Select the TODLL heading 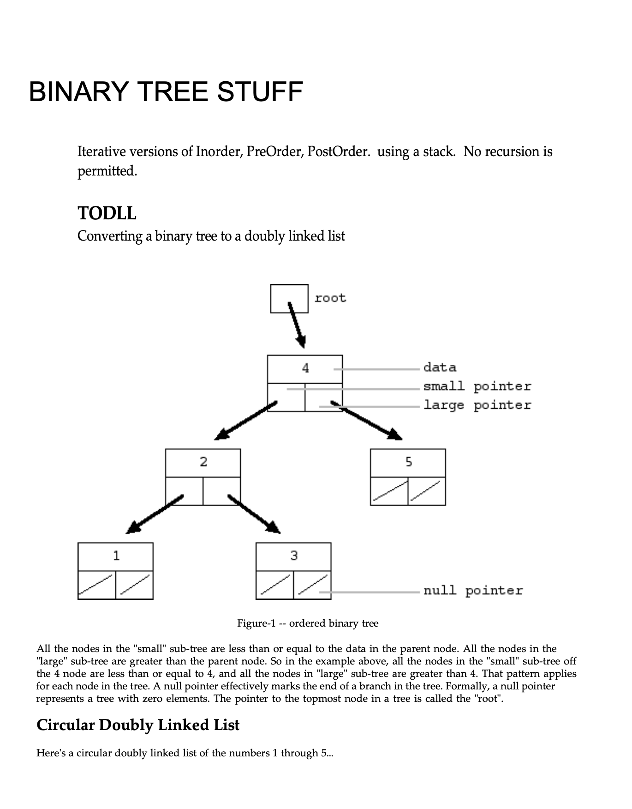point(107,213)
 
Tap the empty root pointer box point(289,298)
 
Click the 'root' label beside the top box point(330,298)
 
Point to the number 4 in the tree point(305,368)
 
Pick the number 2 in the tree point(203,462)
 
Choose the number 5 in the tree point(408,462)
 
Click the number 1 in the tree point(116,556)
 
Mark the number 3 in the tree point(294,556)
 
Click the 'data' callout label point(440,368)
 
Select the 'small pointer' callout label point(477,386)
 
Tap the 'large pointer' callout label point(477,405)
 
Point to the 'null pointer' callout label point(473,591)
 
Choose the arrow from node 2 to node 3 point(254,514)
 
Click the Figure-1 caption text point(308,623)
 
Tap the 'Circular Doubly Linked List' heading point(138,725)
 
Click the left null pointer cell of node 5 point(389,491)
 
